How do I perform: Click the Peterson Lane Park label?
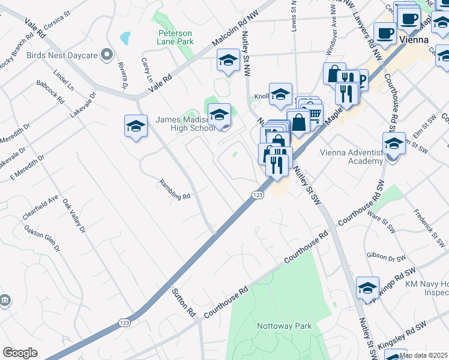[176, 37]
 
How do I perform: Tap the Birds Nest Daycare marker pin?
[107, 56]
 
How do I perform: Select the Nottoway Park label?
[285, 326]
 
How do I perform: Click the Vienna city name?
[414, 40]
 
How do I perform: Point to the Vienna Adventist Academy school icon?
[394, 144]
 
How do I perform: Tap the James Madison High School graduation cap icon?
[219, 113]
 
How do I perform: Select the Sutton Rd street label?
[184, 303]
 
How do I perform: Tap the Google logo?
[20, 353]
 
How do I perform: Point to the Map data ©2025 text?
[423, 355]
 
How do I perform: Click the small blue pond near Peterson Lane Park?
[125, 39]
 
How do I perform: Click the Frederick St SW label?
[429, 229]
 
